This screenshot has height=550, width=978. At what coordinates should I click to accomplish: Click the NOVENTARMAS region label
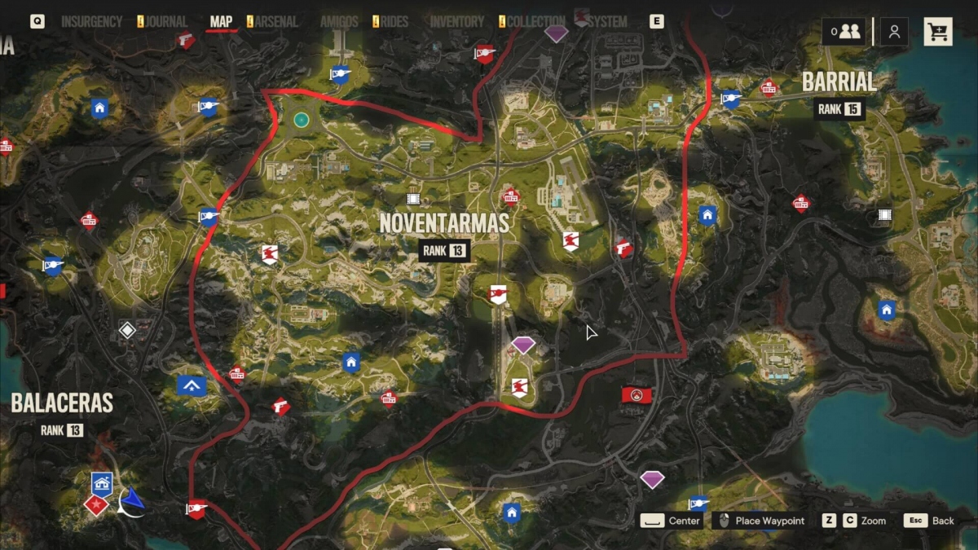tap(444, 222)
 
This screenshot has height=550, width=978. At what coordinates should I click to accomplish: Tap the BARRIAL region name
tap(839, 82)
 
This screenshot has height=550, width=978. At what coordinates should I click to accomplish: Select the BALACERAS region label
tap(62, 403)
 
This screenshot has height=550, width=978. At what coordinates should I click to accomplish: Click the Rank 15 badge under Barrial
tap(839, 109)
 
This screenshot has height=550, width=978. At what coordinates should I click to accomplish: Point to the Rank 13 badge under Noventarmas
tap(444, 251)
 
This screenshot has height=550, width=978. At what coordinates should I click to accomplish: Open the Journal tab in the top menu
tap(166, 22)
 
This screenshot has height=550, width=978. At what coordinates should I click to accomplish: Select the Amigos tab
tap(339, 22)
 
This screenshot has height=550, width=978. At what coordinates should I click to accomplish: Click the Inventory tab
tap(457, 22)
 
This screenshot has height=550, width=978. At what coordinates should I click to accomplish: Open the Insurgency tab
tap(91, 22)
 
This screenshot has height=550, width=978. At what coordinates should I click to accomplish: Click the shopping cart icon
tap(938, 32)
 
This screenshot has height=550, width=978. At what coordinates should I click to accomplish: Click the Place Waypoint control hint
tap(769, 521)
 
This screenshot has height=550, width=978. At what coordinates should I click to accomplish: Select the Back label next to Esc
tap(943, 521)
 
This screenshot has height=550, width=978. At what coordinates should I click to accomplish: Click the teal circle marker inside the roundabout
tap(301, 120)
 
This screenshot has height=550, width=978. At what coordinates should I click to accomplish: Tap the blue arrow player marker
tap(132, 503)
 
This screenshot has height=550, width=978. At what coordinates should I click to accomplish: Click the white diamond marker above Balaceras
tap(127, 330)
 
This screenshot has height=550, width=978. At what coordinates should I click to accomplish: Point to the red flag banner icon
tap(637, 395)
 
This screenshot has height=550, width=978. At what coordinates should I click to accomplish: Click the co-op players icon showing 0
tap(844, 32)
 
